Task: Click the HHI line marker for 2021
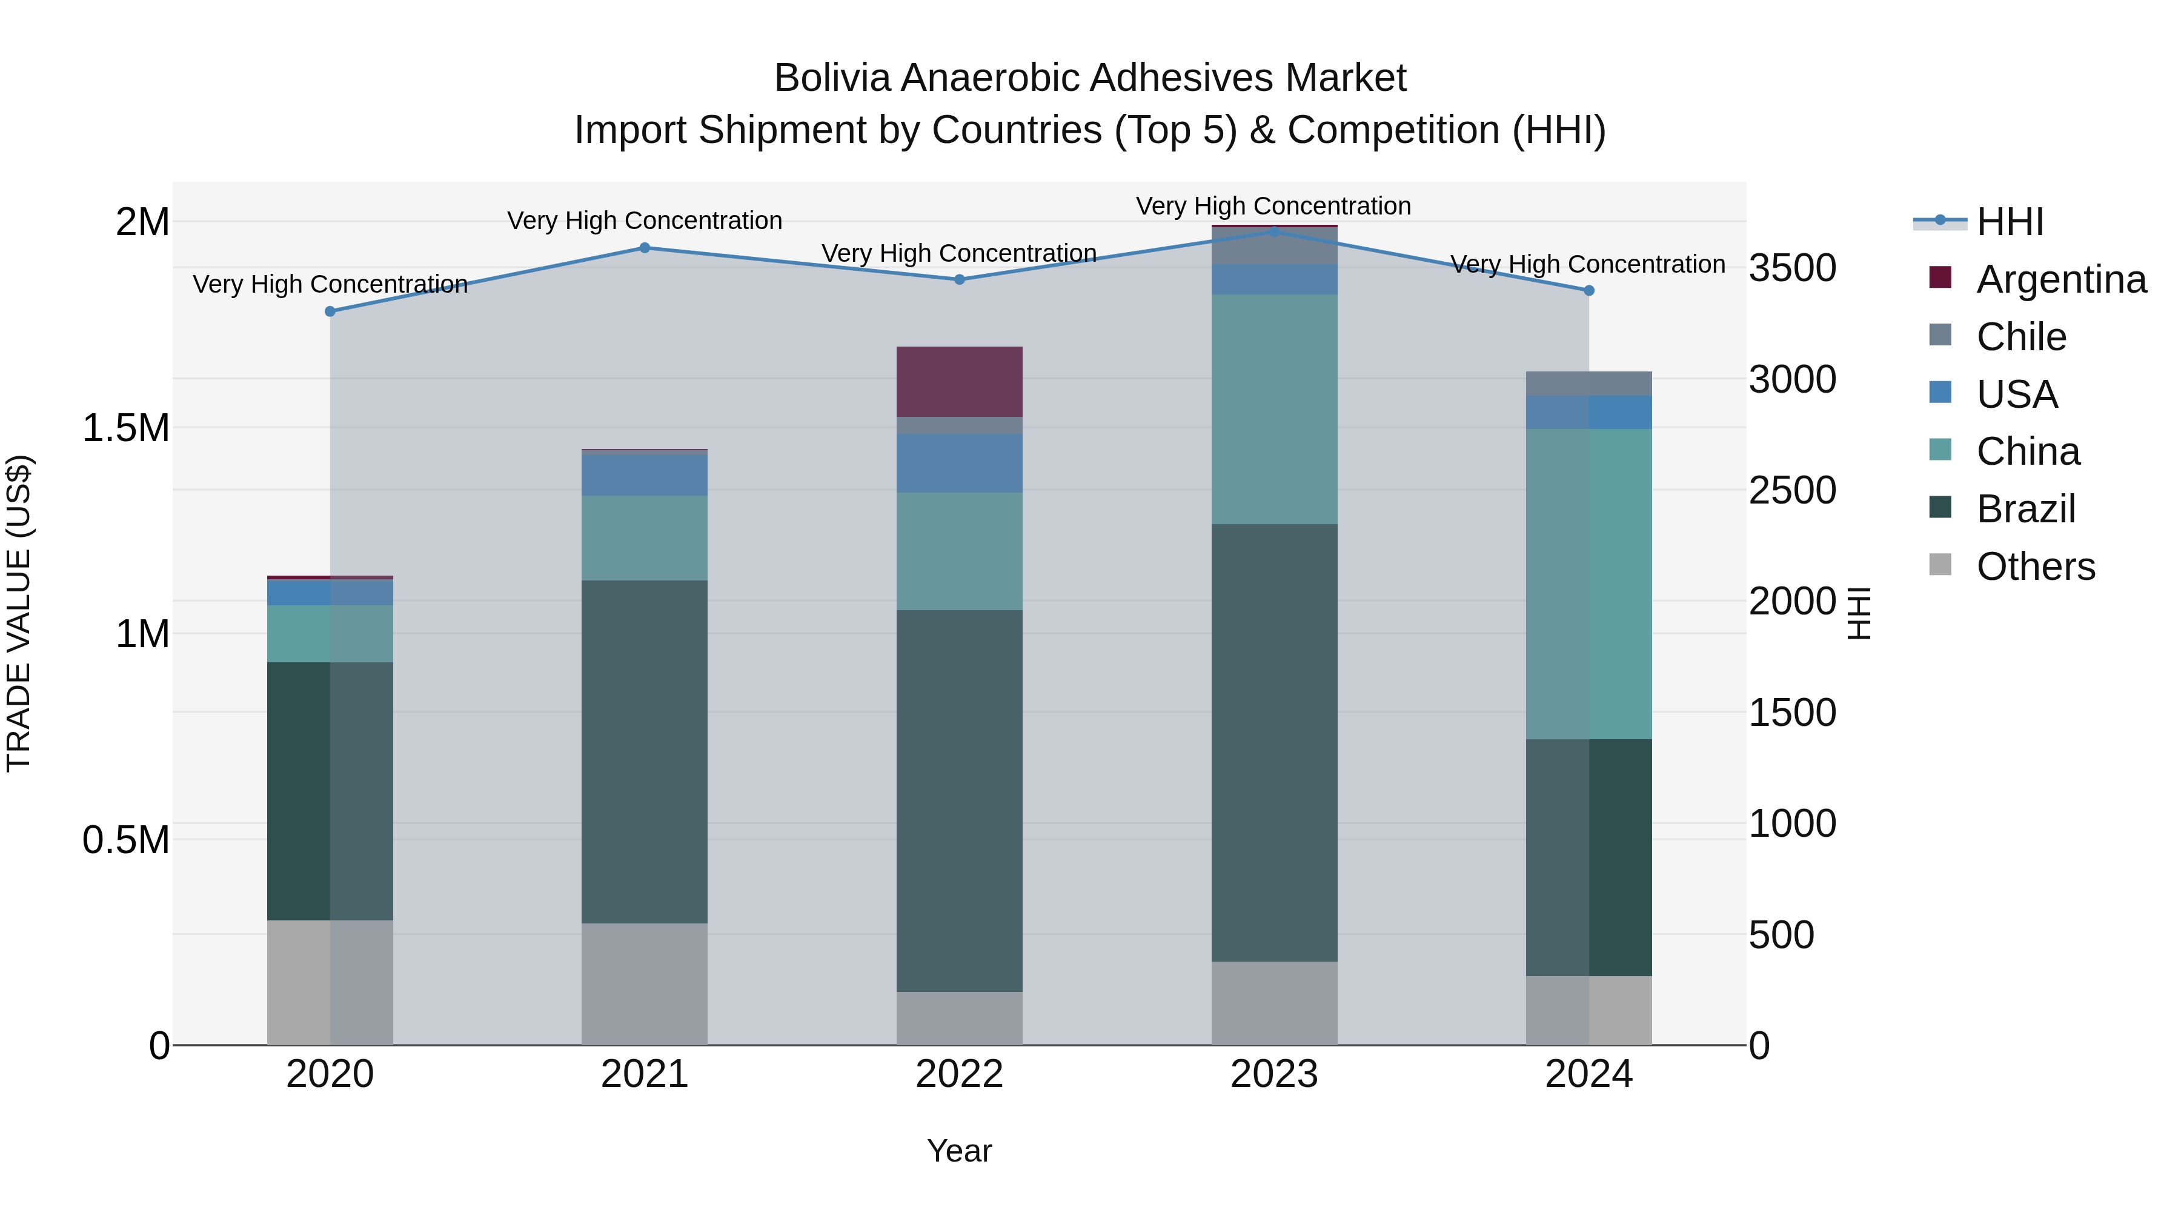[x=645, y=248]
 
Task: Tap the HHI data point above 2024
[x=1588, y=290]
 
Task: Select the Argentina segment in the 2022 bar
[x=959, y=381]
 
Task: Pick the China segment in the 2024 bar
[x=1588, y=584]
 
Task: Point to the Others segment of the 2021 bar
[x=645, y=983]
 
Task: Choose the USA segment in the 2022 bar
[x=959, y=462]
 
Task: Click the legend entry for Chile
[x=2021, y=337]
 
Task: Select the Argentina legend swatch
[x=1940, y=278]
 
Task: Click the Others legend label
[x=2036, y=567]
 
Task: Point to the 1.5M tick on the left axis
[x=126, y=428]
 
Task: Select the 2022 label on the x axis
[x=959, y=1074]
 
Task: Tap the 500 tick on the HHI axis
[x=1781, y=935]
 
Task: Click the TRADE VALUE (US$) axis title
[x=19, y=613]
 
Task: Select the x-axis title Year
[x=959, y=1151]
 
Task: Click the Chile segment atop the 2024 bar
[x=1588, y=384]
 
